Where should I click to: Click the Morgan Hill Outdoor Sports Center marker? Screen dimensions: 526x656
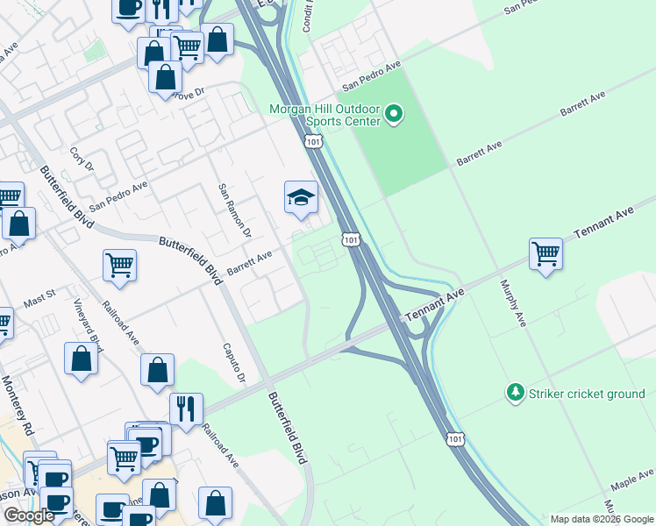click(394, 113)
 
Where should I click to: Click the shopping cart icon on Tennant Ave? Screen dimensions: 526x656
click(545, 254)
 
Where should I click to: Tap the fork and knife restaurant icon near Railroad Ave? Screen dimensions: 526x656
click(186, 409)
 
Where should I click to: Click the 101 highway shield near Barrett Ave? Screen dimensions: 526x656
click(349, 238)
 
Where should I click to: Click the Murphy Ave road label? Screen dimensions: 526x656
click(513, 303)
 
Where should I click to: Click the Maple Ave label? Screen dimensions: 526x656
click(633, 479)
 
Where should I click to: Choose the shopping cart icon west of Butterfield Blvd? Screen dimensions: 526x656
click(119, 265)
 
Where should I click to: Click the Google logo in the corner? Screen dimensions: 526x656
click(29, 515)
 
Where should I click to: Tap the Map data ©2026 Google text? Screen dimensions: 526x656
click(601, 519)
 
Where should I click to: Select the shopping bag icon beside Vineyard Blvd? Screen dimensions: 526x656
click(81, 359)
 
